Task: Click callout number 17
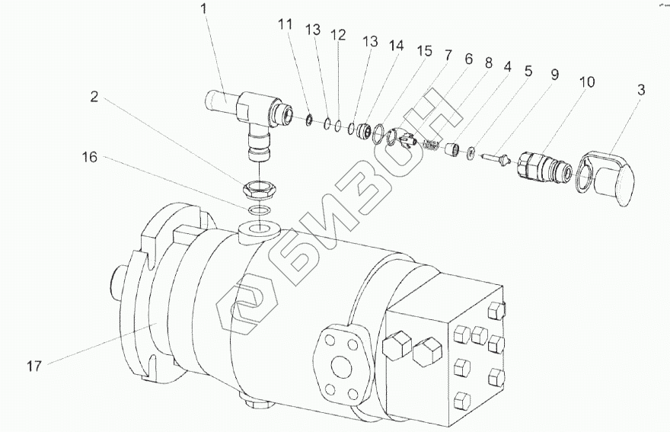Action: tap(34, 366)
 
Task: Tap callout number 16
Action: tap(90, 158)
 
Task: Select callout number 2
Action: tap(94, 97)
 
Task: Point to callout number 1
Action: tap(204, 9)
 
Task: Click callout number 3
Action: tap(640, 90)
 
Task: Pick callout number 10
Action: tap(588, 82)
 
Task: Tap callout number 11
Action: tap(285, 24)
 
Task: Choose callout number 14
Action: tap(396, 46)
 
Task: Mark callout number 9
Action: tap(554, 75)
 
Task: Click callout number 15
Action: tap(424, 51)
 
